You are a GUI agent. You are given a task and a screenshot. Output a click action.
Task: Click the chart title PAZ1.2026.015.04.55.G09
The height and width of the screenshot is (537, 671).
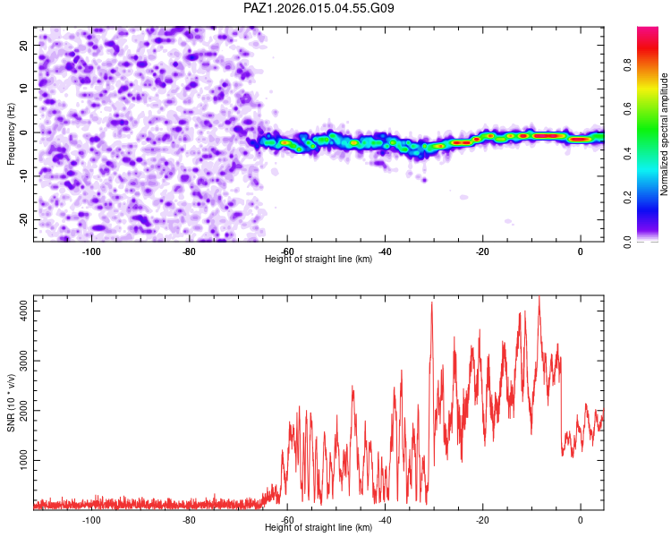click(x=319, y=8)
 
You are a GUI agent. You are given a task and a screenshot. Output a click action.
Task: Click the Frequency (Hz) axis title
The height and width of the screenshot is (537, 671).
click(x=11, y=134)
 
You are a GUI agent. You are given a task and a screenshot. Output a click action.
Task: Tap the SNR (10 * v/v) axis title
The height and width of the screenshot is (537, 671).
click(x=11, y=403)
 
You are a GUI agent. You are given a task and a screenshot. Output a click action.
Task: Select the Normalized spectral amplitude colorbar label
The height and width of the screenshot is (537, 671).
click(x=664, y=134)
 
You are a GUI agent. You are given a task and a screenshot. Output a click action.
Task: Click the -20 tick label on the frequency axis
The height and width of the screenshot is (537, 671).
click(x=23, y=219)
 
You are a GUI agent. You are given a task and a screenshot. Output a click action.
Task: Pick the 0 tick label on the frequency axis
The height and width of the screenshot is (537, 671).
click(x=23, y=132)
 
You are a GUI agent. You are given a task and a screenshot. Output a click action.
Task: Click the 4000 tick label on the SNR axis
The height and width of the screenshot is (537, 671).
click(x=23, y=311)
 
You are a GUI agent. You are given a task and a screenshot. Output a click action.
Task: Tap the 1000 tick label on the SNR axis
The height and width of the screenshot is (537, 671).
click(x=23, y=460)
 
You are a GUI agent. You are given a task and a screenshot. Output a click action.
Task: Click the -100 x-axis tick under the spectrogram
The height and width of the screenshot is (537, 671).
click(x=91, y=251)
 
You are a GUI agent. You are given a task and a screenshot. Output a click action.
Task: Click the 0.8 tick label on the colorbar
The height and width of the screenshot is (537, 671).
click(x=627, y=65)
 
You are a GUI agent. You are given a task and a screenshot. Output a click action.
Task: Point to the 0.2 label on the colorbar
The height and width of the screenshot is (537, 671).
click(x=627, y=198)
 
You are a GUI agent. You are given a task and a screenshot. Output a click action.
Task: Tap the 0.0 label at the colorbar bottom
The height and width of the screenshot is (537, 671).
click(x=627, y=242)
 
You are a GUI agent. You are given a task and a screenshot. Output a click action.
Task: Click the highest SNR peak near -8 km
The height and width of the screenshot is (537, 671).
click(x=539, y=297)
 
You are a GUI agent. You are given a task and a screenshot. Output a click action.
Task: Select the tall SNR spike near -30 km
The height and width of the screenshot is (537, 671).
click(x=432, y=303)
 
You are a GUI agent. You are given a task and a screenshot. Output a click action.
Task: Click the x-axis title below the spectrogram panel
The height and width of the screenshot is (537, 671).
click(x=319, y=259)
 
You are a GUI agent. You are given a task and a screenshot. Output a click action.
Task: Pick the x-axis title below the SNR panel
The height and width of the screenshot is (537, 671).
click(x=319, y=527)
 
